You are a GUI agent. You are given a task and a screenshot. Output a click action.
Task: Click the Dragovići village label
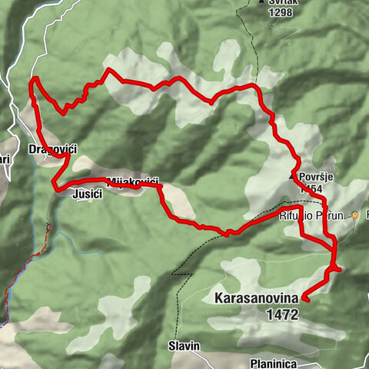point(44,148)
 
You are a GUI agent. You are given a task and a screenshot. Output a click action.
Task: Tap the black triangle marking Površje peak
point(292,176)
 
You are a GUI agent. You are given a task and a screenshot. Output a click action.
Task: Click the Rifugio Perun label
point(312,216)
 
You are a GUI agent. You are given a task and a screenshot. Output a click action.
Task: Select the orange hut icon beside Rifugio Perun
point(355,216)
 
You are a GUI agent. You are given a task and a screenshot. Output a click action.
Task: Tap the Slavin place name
point(184,346)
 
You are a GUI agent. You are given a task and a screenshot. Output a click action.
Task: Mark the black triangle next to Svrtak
point(261,3)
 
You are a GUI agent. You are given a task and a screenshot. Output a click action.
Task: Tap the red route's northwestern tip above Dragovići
point(33,79)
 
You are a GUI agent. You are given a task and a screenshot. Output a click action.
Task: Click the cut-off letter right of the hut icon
point(367,216)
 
